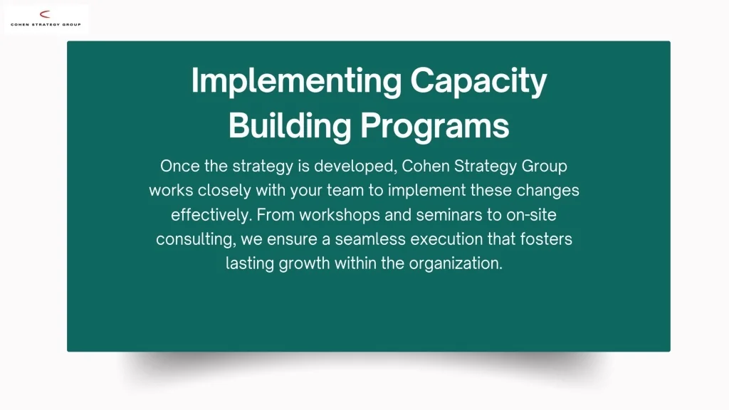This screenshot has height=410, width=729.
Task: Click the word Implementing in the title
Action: [x=296, y=81]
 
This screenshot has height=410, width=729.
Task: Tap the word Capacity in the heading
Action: [x=478, y=81]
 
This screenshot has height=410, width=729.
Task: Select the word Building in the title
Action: [x=290, y=126]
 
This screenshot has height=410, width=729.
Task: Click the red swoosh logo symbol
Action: [x=45, y=14]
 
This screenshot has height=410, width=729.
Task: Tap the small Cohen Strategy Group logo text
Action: [x=46, y=25]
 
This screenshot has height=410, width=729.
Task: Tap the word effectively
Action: [x=211, y=215]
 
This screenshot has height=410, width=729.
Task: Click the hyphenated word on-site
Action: [x=531, y=215]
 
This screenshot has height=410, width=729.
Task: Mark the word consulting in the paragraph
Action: [x=196, y=239]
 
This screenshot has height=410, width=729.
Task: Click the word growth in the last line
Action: [x=305, y=263]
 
